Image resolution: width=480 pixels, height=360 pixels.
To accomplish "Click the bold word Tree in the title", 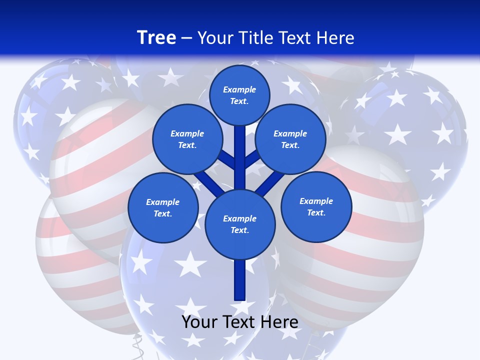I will click(x=156, y=37).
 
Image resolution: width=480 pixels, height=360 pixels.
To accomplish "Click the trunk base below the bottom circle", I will click(x=240, y=280).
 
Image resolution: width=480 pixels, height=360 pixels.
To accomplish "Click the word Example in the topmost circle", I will click(x=239, y=89).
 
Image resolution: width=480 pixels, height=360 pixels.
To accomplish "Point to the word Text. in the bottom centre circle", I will click(x=239, y=230).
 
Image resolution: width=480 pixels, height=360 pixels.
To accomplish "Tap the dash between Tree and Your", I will click(x=187, y=38).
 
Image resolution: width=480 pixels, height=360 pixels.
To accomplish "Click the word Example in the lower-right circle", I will click(x=316, y=201).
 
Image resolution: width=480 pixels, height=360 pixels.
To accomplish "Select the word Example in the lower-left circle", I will click(x=163, y=202).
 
